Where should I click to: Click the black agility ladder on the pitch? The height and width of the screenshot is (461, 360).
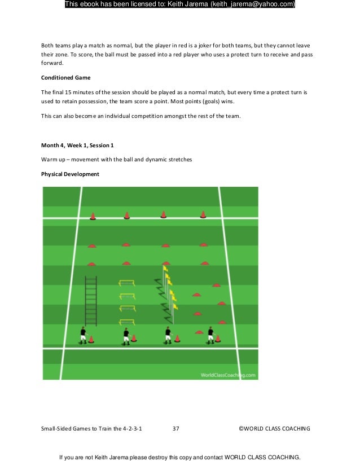click(x=90, y=301)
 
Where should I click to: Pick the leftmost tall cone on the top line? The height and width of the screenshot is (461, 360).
click(x=93, y=216)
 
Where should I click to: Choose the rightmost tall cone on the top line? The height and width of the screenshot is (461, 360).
click(x=203, y=214)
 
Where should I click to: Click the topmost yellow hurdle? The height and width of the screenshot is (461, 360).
click(x=127, y=283)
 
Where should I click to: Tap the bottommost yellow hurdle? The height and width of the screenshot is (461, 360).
click(x=127, y=322)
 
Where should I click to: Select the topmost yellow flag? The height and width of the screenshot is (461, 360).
click(x=165, y=269)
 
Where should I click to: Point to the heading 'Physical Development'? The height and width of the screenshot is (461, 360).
click(x=70, y=174)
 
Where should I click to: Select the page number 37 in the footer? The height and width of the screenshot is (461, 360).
click(x=175, y=429)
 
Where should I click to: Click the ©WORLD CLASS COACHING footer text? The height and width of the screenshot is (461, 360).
click(x=275, y=429)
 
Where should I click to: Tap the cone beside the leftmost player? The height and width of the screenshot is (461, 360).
click(x=91, y=339)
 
